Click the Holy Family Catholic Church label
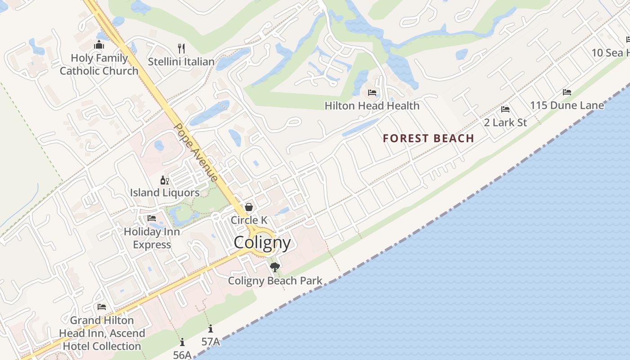point(99,64)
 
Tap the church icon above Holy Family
point(99,45)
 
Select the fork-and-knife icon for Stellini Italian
point(181,48)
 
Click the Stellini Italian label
point(181,62)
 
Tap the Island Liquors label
point(165,193)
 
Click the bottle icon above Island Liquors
point(165,180)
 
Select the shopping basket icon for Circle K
point(248,207)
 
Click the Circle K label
point(249,220)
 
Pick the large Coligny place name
point(262,243)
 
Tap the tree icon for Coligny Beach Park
point(275,267)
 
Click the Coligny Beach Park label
point(275,281)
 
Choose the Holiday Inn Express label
point(152,238)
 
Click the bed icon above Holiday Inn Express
point(152,218)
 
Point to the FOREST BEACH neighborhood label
point(428,138)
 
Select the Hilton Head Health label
point(372,106)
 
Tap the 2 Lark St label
point(505,122)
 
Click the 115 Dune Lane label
point(567,106)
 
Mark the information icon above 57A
point(210,329)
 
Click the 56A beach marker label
point(182,355)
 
